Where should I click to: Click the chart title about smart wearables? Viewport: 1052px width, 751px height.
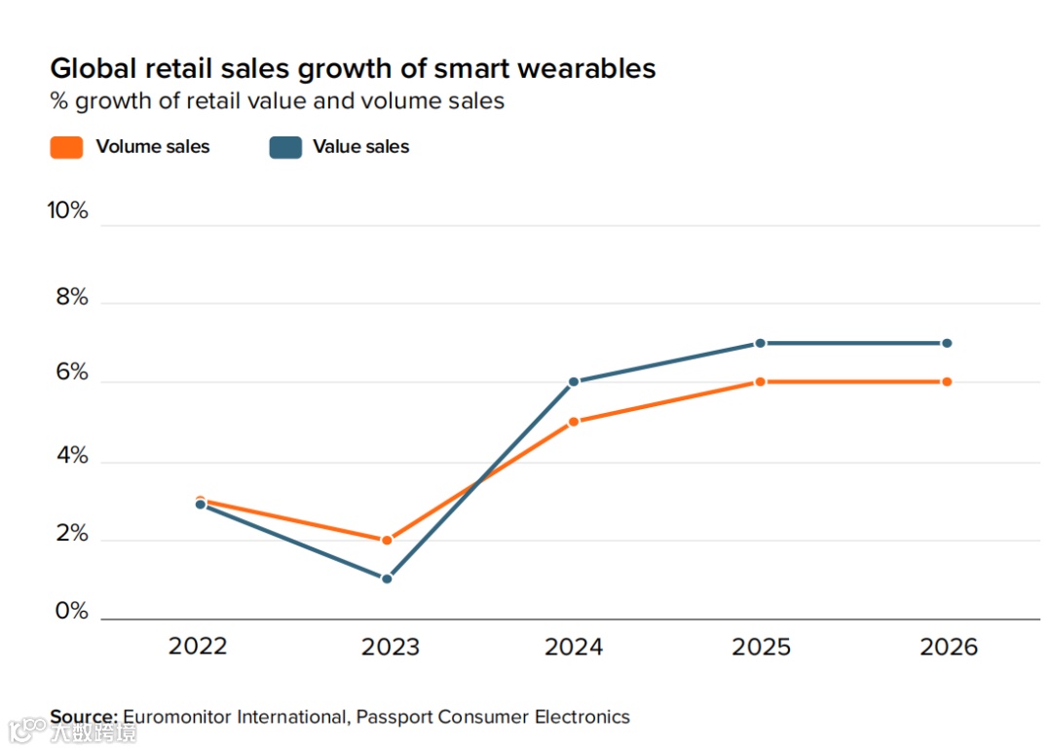coord(353,68)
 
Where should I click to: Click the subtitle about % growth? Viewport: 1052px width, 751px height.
coord(277,100)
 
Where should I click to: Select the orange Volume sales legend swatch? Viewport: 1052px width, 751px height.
coord(66,147)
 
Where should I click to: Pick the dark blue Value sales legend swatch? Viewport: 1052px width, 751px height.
coord(284,147)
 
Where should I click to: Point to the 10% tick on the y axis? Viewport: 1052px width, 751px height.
coord(67,210)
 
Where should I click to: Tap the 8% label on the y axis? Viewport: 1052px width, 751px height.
coord(70,298)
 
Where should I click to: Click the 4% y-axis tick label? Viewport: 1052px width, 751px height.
coord(70,456)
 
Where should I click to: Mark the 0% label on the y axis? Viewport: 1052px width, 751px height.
coord(70,612)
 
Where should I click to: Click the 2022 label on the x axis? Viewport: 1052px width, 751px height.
coord(198,647)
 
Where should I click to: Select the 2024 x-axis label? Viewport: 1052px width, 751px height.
coord(574,647)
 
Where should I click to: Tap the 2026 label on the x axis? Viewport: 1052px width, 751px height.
coord(948,647)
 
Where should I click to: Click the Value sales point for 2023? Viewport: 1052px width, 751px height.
coord(387,579)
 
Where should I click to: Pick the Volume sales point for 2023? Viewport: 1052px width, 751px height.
coord(387,540)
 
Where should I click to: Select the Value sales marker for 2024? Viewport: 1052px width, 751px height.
coord(574,382)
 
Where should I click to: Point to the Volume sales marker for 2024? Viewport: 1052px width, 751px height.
coord(574,422)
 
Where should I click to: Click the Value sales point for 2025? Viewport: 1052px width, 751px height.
coord(760,343)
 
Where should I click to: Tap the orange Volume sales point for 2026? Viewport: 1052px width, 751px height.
coord(946,382)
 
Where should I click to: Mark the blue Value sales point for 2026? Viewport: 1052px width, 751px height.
coord(946,343)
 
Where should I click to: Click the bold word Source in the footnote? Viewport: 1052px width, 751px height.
coord(84,717)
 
